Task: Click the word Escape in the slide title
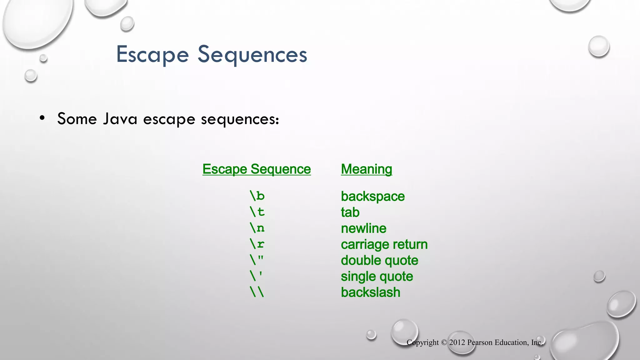[152, 55]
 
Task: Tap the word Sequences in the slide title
[252, 55]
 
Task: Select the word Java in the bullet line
[120, 119]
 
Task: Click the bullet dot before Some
[42, 118]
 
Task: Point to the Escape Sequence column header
[257, 169]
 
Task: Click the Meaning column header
[366, 169]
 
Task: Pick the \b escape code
[257, 196]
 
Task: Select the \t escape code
[257, 212]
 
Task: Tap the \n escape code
[257, 228]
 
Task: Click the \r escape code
[257, 244]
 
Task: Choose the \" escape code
[257, 260]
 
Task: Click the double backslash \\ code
[257, 292]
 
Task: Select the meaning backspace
[372, 197]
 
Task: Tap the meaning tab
[350, 212]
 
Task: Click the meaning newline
[363, 228]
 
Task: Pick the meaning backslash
[370, 292]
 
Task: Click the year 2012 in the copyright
[457, 342]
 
